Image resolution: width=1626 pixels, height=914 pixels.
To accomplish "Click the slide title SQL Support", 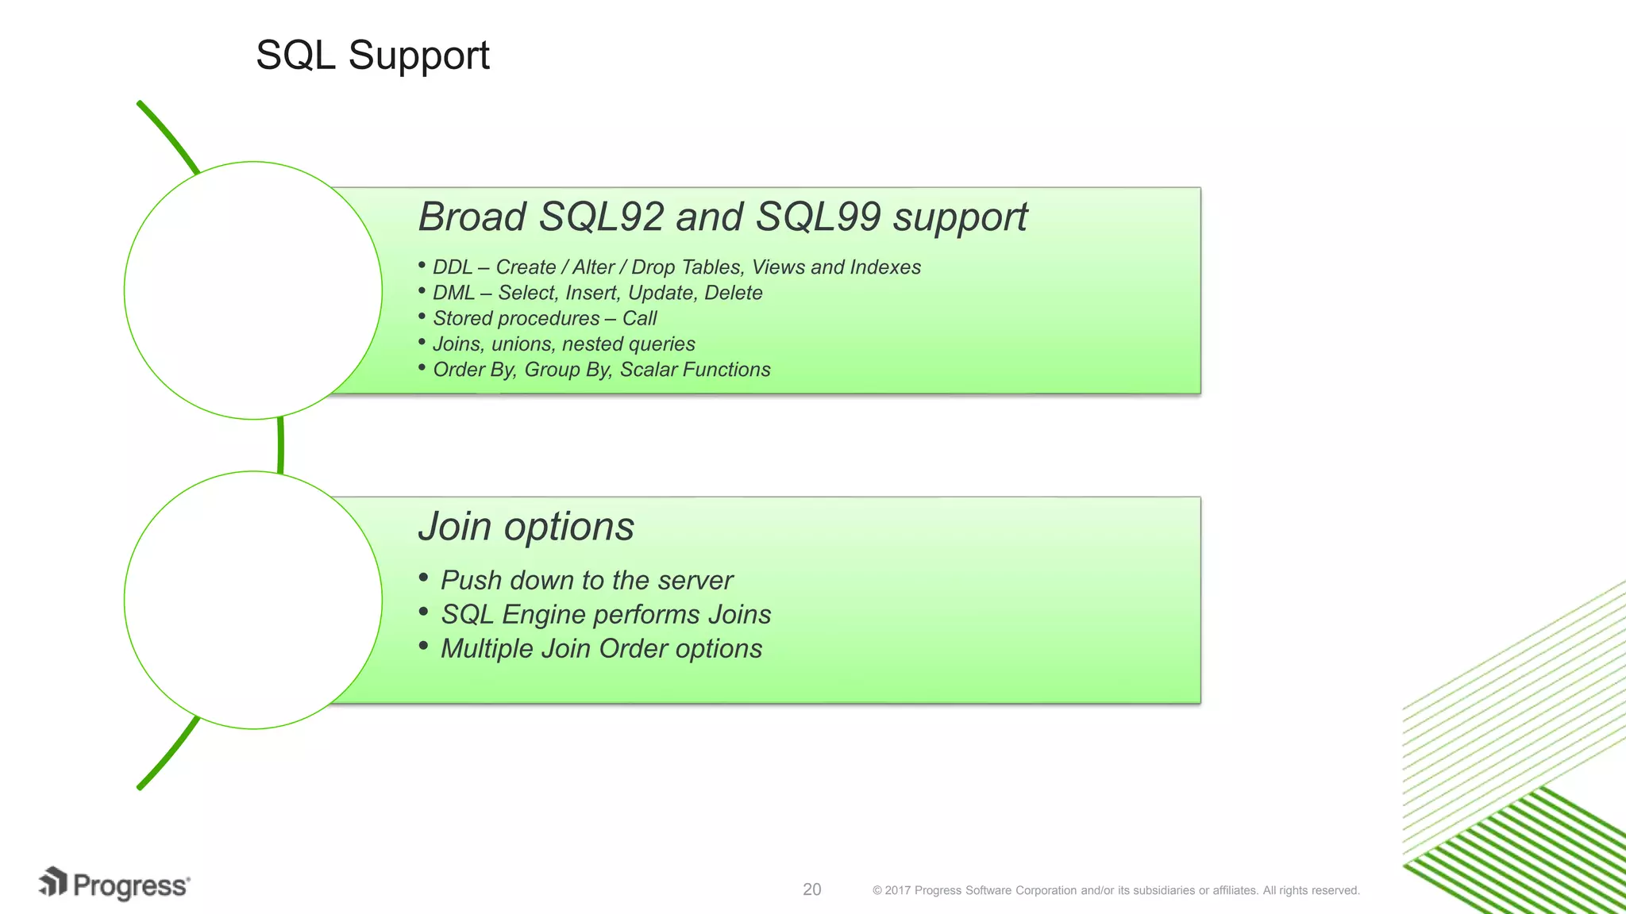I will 372,56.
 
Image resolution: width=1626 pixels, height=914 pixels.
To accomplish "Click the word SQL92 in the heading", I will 600,217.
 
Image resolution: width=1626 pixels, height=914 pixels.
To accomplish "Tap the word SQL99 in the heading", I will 818,217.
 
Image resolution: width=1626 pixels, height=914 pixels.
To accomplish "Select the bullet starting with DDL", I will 676,267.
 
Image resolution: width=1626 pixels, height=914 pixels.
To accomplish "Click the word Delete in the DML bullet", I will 733,293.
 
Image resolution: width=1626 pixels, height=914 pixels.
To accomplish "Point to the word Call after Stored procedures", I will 639,318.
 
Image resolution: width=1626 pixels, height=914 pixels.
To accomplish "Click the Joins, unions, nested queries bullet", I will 563,344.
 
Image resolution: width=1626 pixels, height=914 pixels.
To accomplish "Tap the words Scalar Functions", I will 695,370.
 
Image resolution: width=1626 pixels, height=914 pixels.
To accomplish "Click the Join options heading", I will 526,526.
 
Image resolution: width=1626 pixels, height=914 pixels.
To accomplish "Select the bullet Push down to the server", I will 586,580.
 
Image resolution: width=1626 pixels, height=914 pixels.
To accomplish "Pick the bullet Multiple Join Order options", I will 601,648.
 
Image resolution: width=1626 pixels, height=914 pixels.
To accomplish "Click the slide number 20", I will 811,889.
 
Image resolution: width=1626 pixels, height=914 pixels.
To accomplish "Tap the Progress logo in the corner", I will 114,884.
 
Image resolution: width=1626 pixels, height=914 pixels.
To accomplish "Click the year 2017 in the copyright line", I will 897,890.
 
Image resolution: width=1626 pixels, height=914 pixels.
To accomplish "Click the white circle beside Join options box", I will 253,600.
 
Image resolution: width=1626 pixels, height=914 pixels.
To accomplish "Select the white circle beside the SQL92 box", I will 253,290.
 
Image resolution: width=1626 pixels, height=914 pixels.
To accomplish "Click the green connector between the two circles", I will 281,445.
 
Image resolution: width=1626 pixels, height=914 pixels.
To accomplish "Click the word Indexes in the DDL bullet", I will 884,267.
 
